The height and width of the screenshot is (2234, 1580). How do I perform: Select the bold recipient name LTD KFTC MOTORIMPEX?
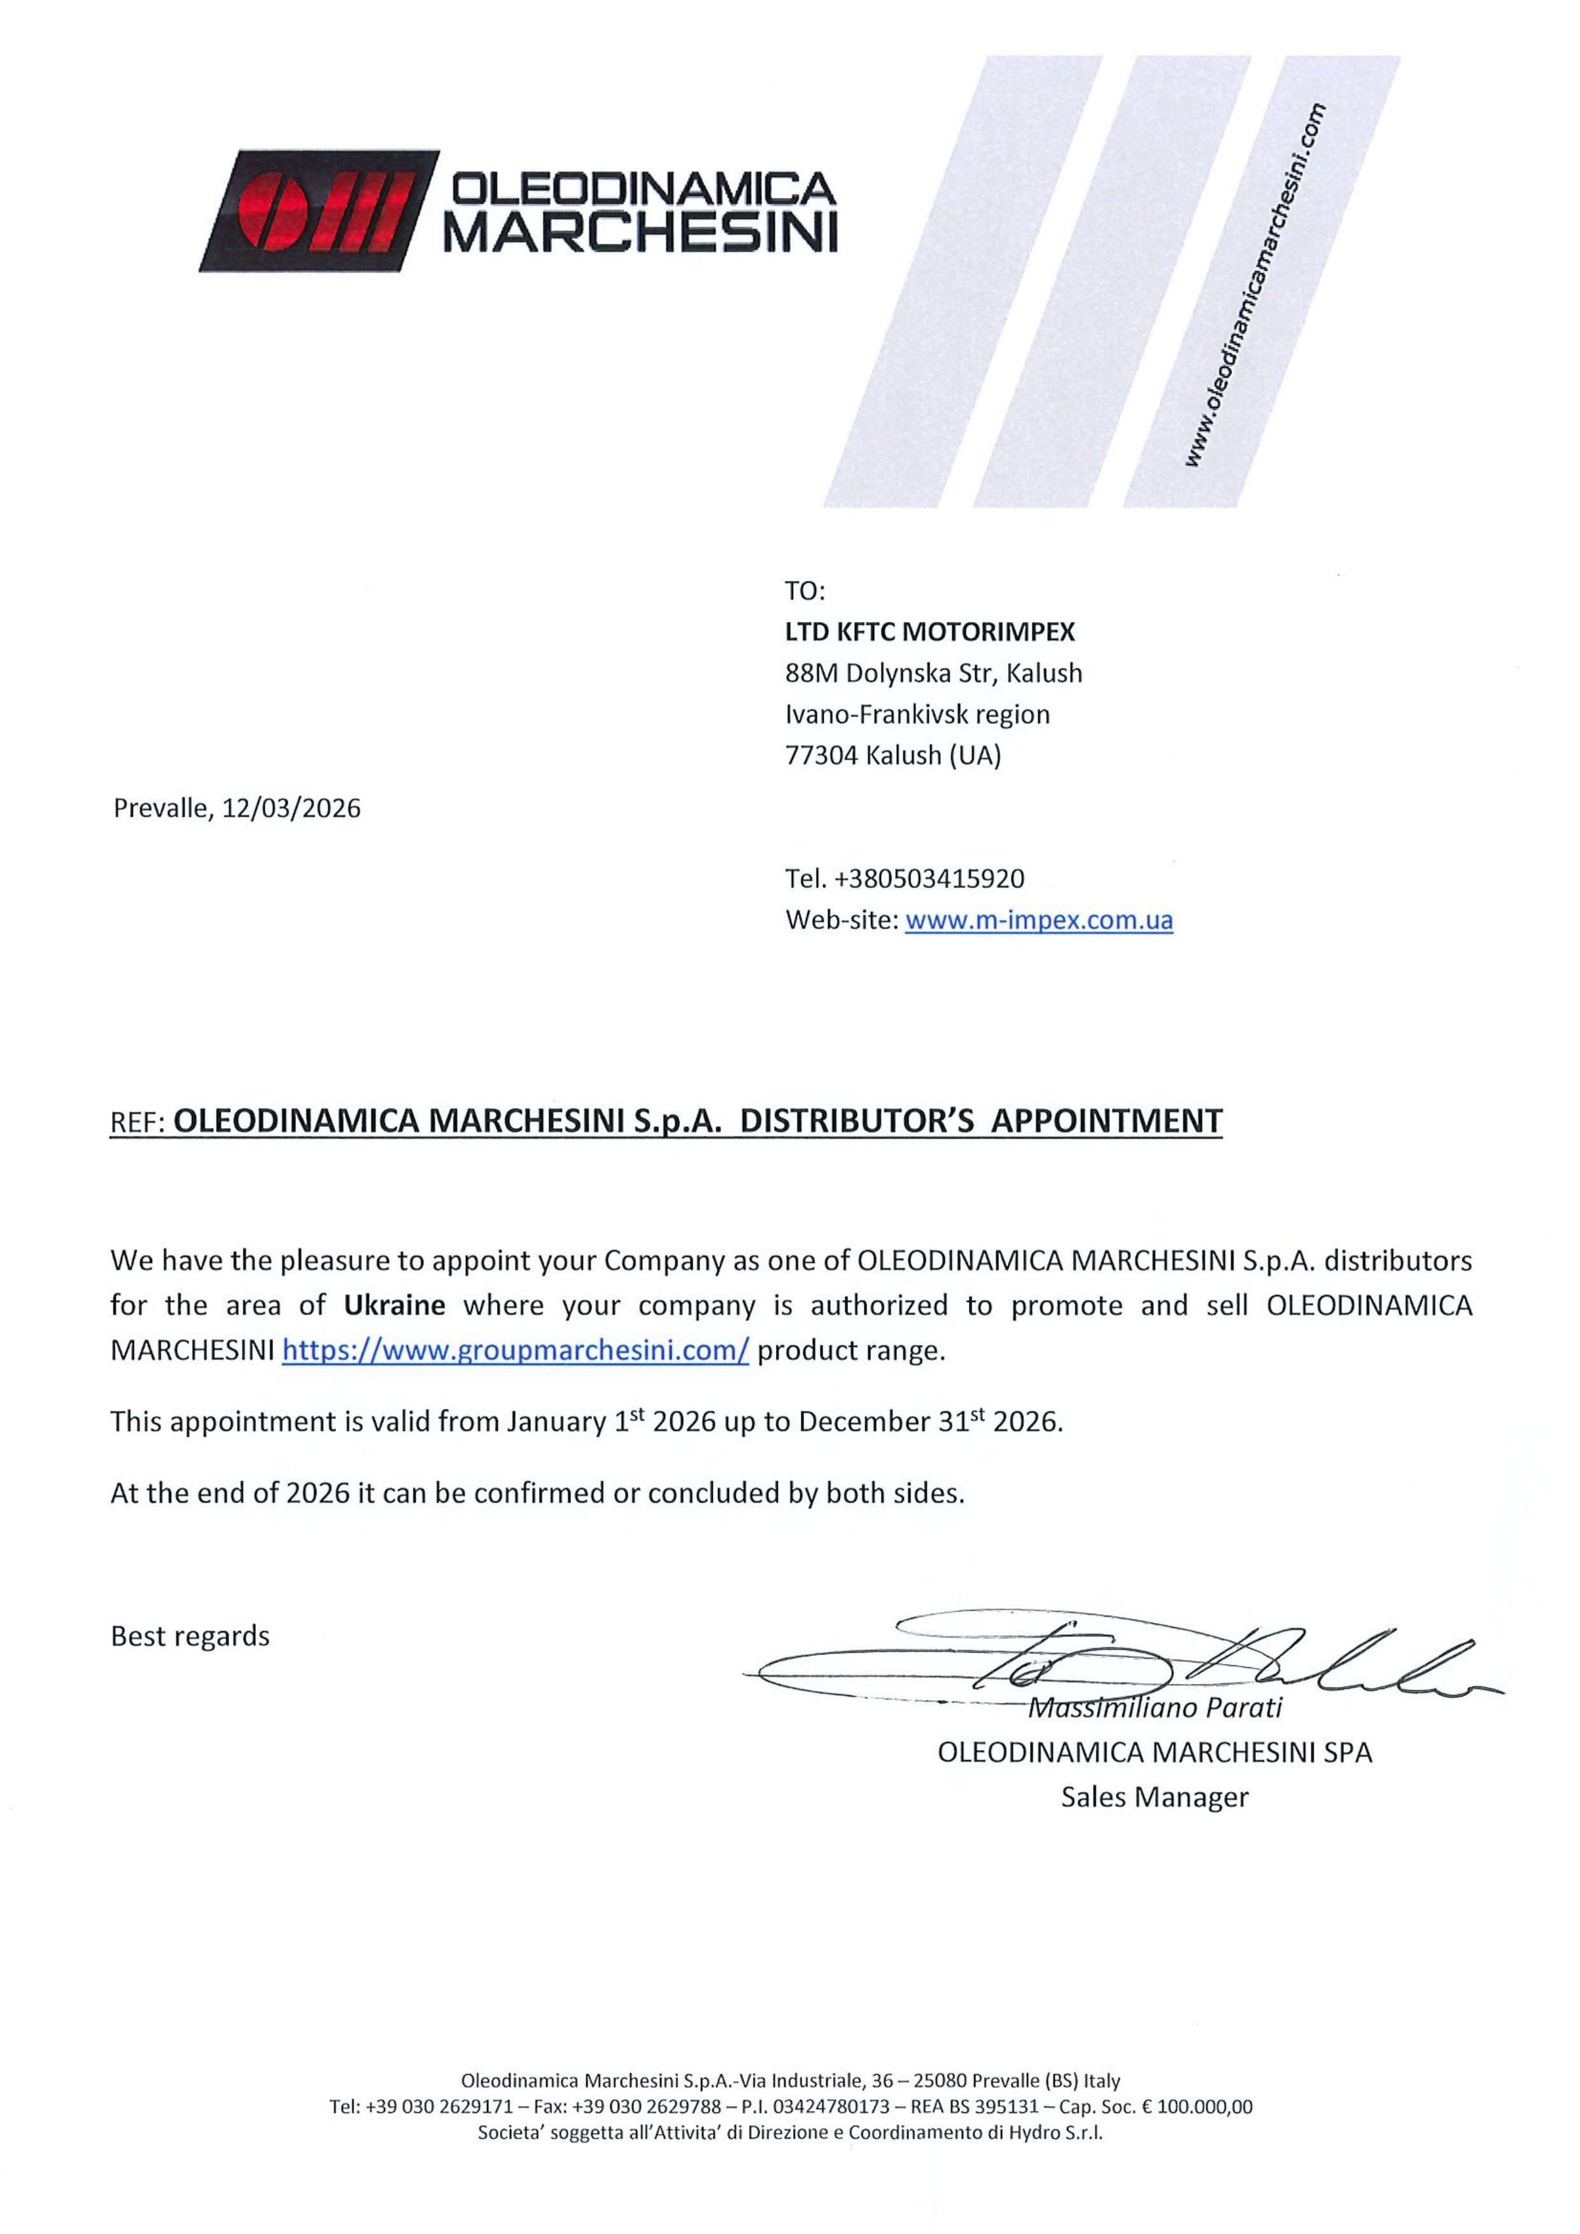point(929,632)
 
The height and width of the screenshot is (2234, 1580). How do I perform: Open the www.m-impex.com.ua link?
point(1038,921)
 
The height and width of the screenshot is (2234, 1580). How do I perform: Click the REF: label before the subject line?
point(136,1123)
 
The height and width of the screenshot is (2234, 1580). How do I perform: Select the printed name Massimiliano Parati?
point(1157,1707)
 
